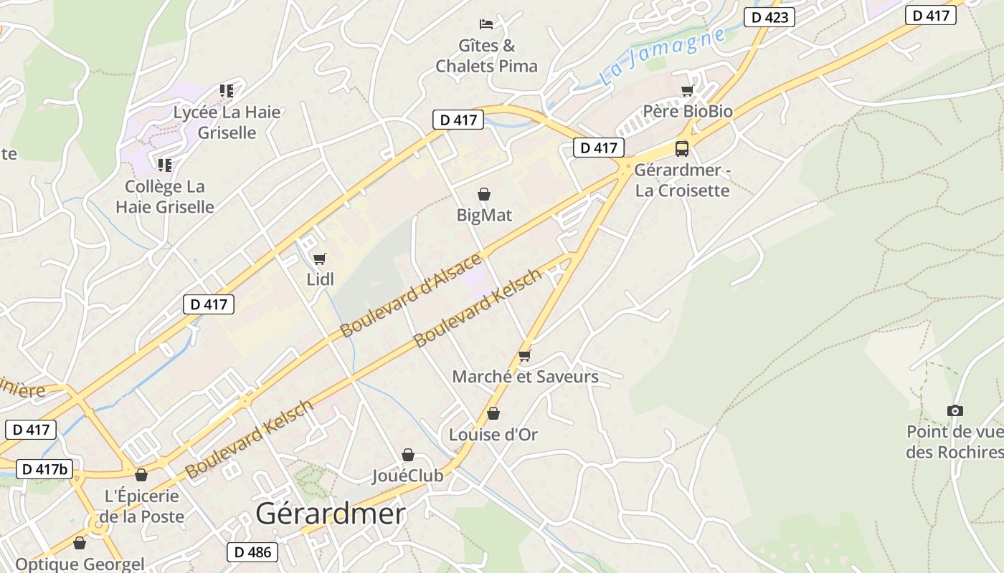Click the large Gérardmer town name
pos(331,514)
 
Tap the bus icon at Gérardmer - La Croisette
pos(682,149)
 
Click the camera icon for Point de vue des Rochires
pos(955,410)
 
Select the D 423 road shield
pos(769,17)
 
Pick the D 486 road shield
pos(252,552)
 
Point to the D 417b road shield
pos(44,469)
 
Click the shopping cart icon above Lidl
pos(320,259)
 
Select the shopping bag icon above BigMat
pos(484,194)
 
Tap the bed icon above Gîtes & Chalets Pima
pos(486,24)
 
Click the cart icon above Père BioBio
pos(688,91)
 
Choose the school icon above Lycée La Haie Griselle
pos(227,91)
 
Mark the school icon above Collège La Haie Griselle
pos(165,165)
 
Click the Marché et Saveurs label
pos(525,376)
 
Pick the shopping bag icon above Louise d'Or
pos(493,413)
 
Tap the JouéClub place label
pos(407,475)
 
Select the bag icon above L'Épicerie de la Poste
pos(141,475)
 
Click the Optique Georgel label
pos(80,564)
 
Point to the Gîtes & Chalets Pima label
pos(486,56)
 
